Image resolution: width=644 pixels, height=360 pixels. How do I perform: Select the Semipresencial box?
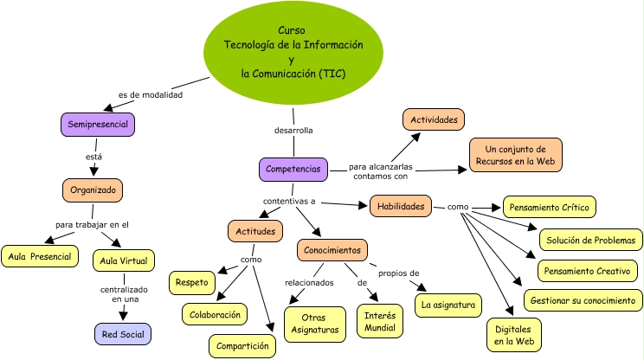[98, 125]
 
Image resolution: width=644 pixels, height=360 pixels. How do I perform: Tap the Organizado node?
[93, 190]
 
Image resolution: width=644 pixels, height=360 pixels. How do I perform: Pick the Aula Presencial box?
[40, 257]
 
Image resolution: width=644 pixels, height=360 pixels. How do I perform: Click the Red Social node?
[123, 334]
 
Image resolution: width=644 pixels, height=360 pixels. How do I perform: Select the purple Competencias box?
[293, 170]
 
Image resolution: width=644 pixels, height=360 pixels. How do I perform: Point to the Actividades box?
[435, 120]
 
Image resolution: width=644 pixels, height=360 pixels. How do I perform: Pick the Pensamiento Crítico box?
[549, 208]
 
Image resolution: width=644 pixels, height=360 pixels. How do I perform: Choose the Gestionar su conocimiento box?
[583, 300]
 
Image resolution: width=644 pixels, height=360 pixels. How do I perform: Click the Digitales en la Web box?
[513, 336]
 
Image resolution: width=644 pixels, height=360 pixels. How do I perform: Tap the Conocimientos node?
[332, 251]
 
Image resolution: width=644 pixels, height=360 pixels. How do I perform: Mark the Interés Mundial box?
[379, 320]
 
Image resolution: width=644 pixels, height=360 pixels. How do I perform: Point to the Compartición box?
[242, 345]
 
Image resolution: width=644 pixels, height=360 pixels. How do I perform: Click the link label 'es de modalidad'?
[151, 94]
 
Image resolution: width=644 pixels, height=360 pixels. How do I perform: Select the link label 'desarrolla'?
[293, 130]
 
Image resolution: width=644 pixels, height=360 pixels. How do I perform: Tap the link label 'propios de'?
[398, 273]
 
